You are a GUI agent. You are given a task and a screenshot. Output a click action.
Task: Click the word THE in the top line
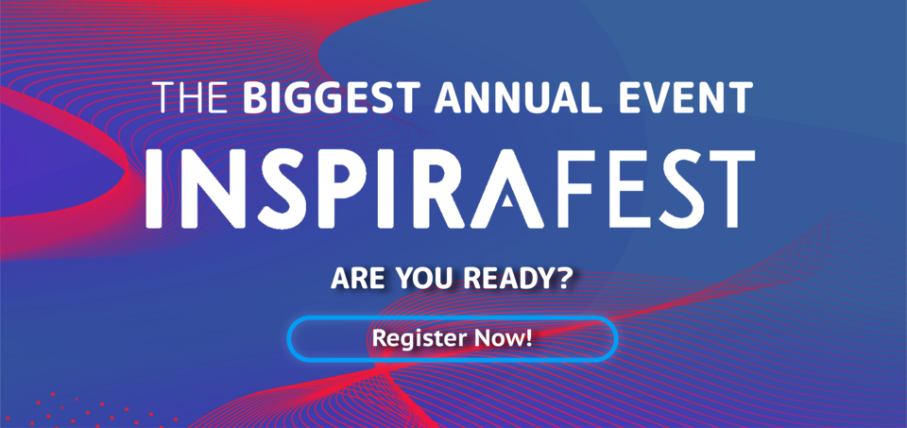pos(192,97)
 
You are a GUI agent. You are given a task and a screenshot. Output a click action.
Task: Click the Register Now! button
pos(453,338)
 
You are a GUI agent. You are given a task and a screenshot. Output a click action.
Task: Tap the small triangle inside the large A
pos(508,200)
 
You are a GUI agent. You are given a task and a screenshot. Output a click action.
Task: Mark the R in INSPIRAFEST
pos(421,189)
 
